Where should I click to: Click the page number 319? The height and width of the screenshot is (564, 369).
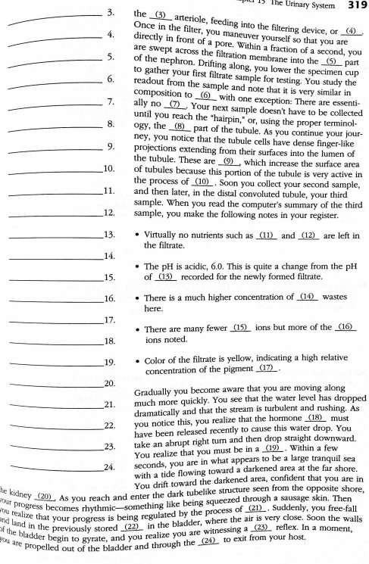[x=354, y=5]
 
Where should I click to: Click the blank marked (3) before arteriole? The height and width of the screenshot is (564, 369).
[x=160, y=15]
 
